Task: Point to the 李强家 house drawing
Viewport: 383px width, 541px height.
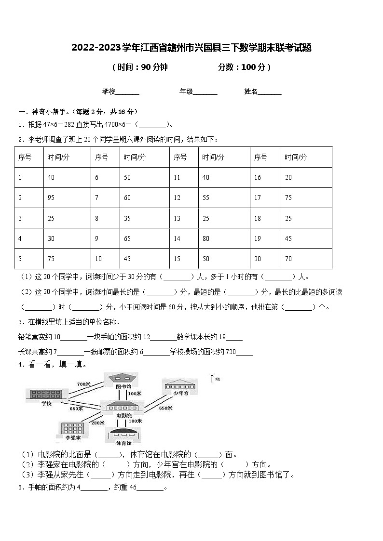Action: [x=72, y=428]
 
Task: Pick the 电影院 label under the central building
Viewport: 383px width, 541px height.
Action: [x=124, y=415]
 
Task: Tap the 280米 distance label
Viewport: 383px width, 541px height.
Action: [x=97, y=422]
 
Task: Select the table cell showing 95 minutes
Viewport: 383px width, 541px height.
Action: [x=51, y=198]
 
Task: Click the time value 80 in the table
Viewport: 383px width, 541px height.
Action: [x=206, y=238]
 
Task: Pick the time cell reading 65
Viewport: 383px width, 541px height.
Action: [x=127, y=238]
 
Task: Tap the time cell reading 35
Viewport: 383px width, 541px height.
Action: [x=127, y=218]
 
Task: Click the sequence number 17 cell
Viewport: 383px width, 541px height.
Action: [x=258, y=198]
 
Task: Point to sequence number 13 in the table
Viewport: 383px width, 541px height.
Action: [x=177, y=218]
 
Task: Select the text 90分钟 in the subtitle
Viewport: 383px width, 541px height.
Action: [x=153, y=67]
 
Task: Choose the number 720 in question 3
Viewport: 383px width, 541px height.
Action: [x=230, y=352]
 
